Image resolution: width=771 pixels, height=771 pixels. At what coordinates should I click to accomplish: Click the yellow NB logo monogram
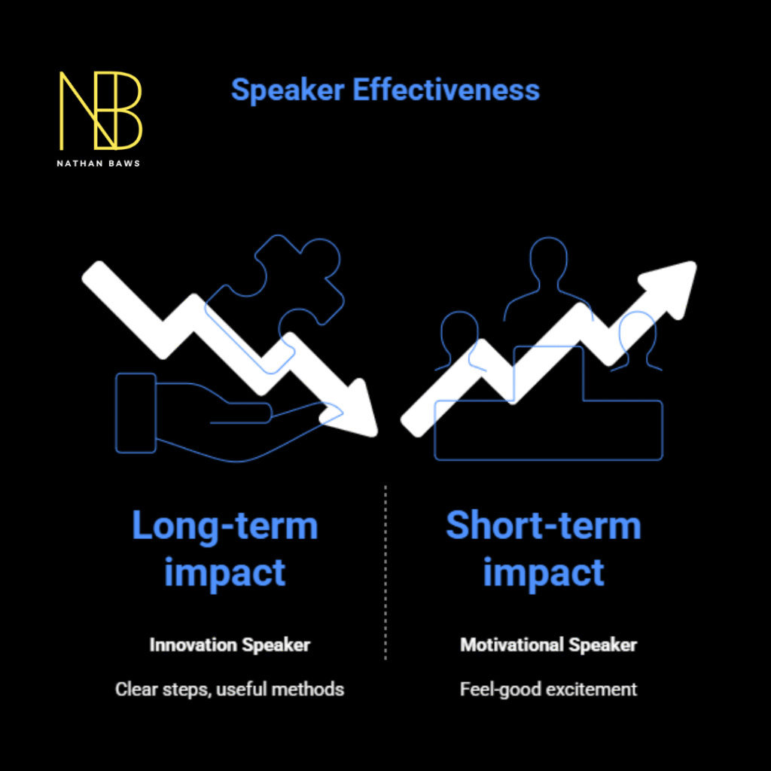pyautogui.click(x=100, y=110)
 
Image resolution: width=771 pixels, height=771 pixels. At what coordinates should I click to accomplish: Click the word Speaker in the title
pyautogui.click(x=288, y=90)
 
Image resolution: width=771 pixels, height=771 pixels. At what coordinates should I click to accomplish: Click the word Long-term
pyautogui.click(x=224, y=526)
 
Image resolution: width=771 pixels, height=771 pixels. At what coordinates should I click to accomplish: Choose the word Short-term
pyautogui.click(x=543, y=526)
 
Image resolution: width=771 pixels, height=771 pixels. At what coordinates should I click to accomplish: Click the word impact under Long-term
pyautogui.click(x=224, y=572)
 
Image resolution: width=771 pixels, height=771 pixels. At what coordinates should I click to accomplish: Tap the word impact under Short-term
pyautogui.click(x=543, y=572)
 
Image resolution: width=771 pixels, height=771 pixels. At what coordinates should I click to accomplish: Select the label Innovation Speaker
pyautogui.click(x=230, y=645)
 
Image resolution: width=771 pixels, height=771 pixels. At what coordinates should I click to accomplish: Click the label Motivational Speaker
pyautogui.click(x=548, y=645)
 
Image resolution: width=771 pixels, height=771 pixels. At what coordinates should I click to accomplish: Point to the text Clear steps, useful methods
pyautogui.click(x=230, y=689)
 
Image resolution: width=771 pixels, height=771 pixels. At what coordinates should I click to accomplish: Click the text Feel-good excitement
pyautogui.click(x=548, y=689)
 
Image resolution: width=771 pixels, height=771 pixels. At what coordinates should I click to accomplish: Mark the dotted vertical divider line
pyautogui.click(x=385, y=572)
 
